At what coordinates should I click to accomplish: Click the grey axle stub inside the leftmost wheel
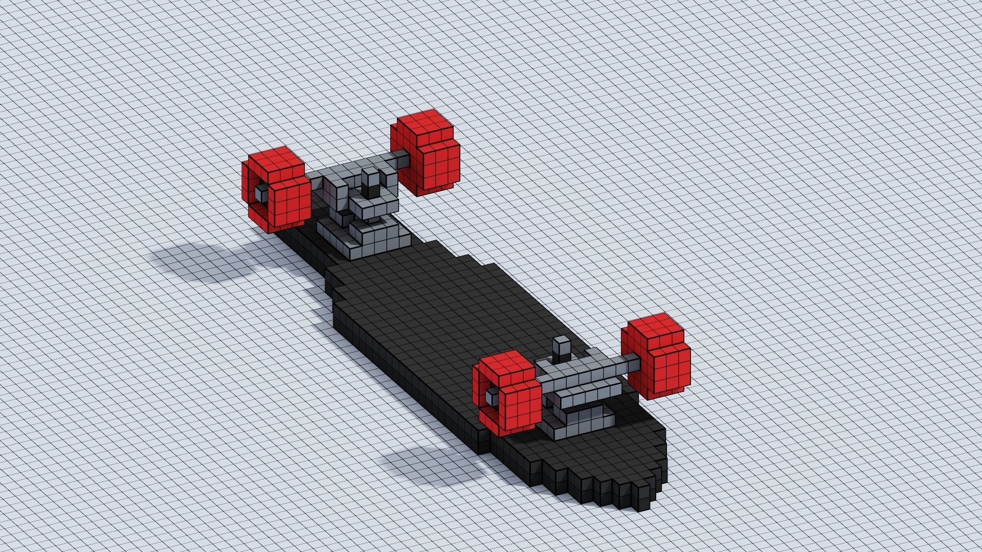pos(260,193)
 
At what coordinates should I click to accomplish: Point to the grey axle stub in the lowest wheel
pos(492,396)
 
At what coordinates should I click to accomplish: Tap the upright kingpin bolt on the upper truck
pos(370,176)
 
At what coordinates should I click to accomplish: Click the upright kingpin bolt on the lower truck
pos(562,346)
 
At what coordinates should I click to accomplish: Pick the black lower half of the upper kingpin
pos(369,190)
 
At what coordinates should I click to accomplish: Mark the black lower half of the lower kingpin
pos(561,358)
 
